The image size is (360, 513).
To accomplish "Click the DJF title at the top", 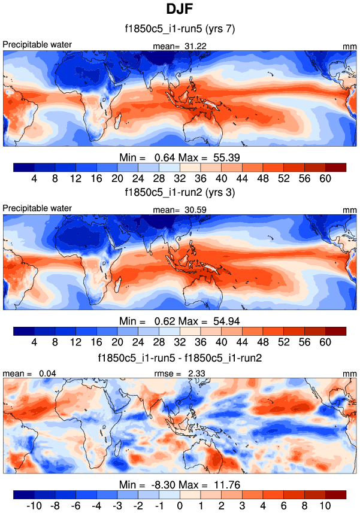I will coord(179,10).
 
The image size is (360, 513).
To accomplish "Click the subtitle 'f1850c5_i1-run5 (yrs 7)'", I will coord(179,28).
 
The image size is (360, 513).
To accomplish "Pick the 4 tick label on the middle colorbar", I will coord(34,342).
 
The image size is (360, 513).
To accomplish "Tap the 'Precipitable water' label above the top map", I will coord(37,44).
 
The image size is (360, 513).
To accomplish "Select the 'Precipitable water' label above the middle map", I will coord(37,208).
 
